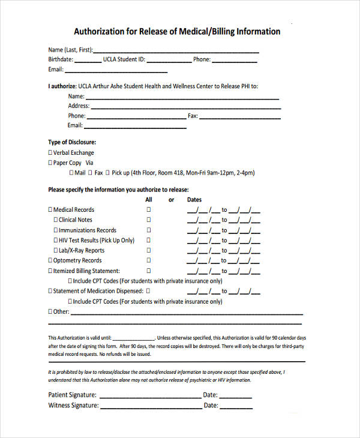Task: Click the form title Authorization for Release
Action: pyautogui.click(x=176, y=31)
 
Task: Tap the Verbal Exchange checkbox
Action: pyautogui.click(x=50, y=153)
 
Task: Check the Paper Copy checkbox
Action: pyautogui.click(x=50, y=163)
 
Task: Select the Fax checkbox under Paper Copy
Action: pyautogui.click(x=91, y=173)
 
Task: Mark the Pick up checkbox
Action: pyautogui.click(x=108, y=173)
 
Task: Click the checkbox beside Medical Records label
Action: pyautogui.click(x=50, y=210)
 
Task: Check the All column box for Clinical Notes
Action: pyautogui.click(x=149, y=220)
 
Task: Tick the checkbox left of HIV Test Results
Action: pyautogui.click(x=56, y=241)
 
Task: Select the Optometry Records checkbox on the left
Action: pyautogui.click(x=50, y=261)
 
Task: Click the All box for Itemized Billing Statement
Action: pyautogui.click(x=149, y=271)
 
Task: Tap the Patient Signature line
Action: pyautogui.click(x=150, y=396)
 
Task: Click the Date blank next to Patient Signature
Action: pyautogui.click(x=236, y=396)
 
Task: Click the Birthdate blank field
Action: pyautogui.click(x=88, y=61)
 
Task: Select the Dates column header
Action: pyautogui.click(x=194, y=200)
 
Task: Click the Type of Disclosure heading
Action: pyautogui.click(x=72, y=142)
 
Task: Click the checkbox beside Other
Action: pyautogui.click(x=50, y=312)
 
